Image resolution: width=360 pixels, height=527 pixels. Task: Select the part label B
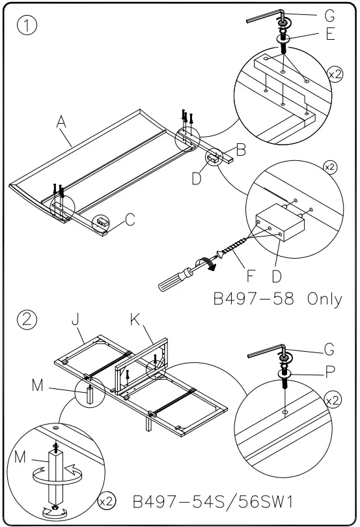pyautogui.click(x=240, y=151)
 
